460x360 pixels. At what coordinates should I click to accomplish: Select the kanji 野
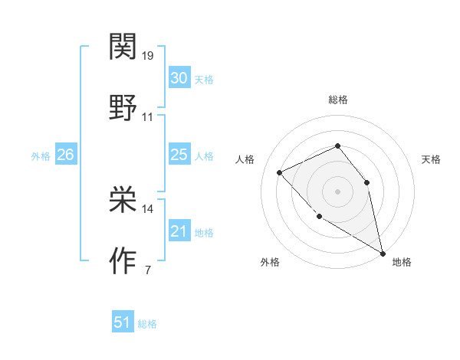coord(123,108)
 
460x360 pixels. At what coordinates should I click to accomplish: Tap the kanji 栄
coord(123,200)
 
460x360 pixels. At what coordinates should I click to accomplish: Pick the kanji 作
coord(123,260)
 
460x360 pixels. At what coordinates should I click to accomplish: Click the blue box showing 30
coord(179,78)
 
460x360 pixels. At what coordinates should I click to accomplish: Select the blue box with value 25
coord(179,155)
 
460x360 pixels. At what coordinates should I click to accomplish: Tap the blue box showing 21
coord(179,231)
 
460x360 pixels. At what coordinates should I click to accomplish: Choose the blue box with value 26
coord(65,155)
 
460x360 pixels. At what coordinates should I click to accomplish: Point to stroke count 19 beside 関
coord(148,55)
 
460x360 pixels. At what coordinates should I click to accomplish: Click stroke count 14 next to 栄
coord(148,208)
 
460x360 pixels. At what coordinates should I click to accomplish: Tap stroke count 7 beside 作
coord(147,270)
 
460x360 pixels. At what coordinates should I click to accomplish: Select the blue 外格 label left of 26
coord(41,155)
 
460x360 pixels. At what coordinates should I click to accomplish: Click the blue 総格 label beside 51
coord(147,323)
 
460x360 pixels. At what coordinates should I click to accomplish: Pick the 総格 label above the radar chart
coord(338,100)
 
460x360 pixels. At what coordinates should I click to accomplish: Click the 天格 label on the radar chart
coord(432,159)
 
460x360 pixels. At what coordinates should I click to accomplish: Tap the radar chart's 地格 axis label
coord(402,263)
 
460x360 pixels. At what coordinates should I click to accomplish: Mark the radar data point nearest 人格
coord(281,173)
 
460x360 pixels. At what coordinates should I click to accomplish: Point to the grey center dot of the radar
coord(337,191)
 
